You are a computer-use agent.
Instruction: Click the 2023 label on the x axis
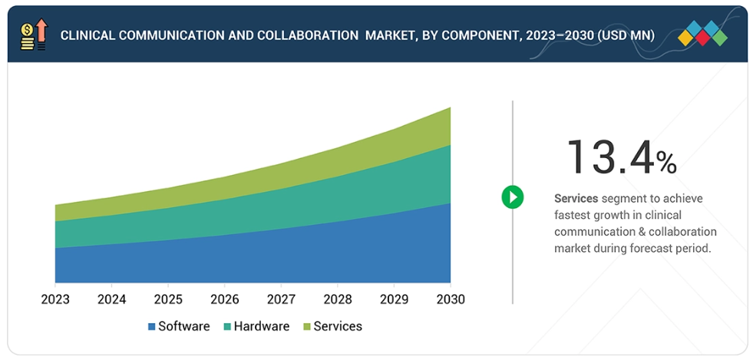point(55,299)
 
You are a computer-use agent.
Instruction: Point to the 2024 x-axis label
point(112,299)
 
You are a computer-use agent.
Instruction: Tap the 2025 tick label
point(168,299)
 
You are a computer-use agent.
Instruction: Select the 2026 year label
point(225,299)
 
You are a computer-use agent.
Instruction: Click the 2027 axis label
point(281,299)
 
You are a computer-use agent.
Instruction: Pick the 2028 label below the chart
point(338,299)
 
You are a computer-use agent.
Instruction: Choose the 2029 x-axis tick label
point(394,299)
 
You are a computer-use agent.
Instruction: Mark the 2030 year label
point(450,299)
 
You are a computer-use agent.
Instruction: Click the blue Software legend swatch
point(152,327)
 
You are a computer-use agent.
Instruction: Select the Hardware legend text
point(261,326)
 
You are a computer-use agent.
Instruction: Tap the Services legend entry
point(337,326)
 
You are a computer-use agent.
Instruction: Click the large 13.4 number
point(610,157)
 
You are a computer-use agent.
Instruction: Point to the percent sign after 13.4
point(666,163)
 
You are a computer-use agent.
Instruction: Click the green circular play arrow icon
point(512,197)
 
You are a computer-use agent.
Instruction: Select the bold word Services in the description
point(576,199)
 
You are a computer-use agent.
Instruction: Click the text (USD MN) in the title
point(631,35)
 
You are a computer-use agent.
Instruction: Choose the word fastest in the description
point(574,216)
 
